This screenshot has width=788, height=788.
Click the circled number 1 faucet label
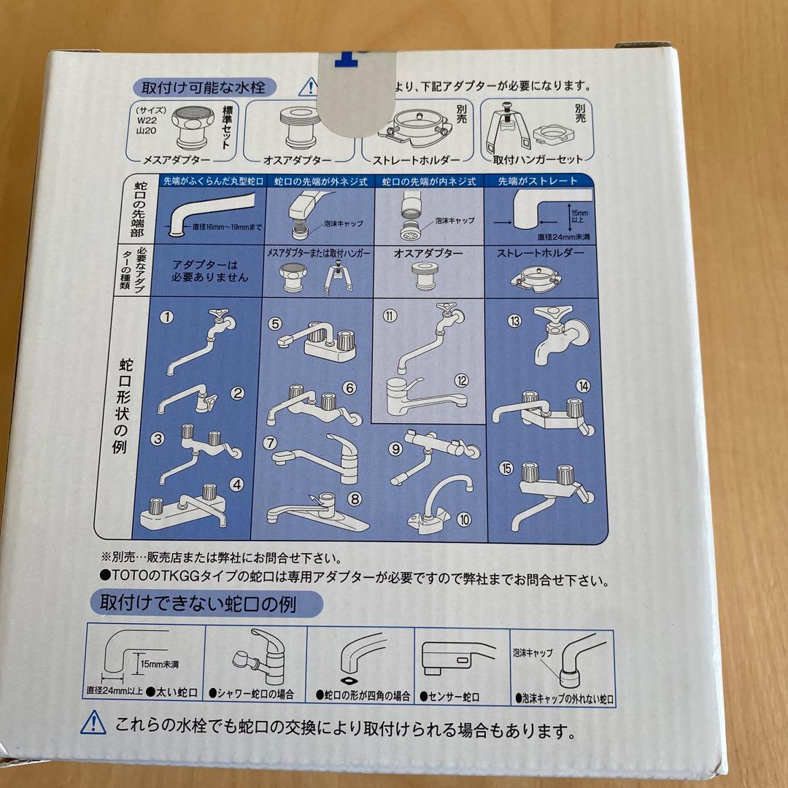click(168, 317)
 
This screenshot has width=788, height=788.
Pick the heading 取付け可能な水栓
click(198, 88)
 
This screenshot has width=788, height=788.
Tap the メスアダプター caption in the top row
click(179, 158)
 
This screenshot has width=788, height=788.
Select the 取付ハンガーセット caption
click(538, 159)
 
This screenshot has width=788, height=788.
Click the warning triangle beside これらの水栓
click(94, 723)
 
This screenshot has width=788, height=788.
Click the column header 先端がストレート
click(538, 181)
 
